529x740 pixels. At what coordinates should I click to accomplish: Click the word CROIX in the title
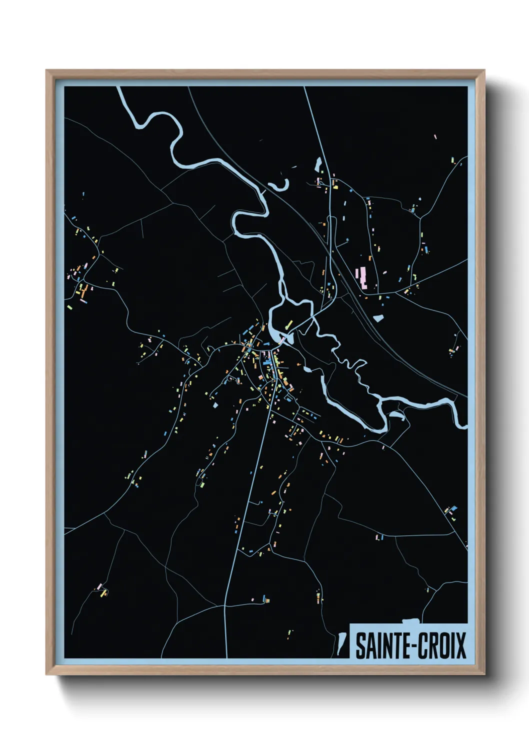point(439,645)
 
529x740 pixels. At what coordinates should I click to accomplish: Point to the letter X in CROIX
point(461,645)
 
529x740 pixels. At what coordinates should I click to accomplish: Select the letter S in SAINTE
point(360,645)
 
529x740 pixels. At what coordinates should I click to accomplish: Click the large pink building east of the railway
point(361,277)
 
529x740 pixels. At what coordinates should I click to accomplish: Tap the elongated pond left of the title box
point(342,644)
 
